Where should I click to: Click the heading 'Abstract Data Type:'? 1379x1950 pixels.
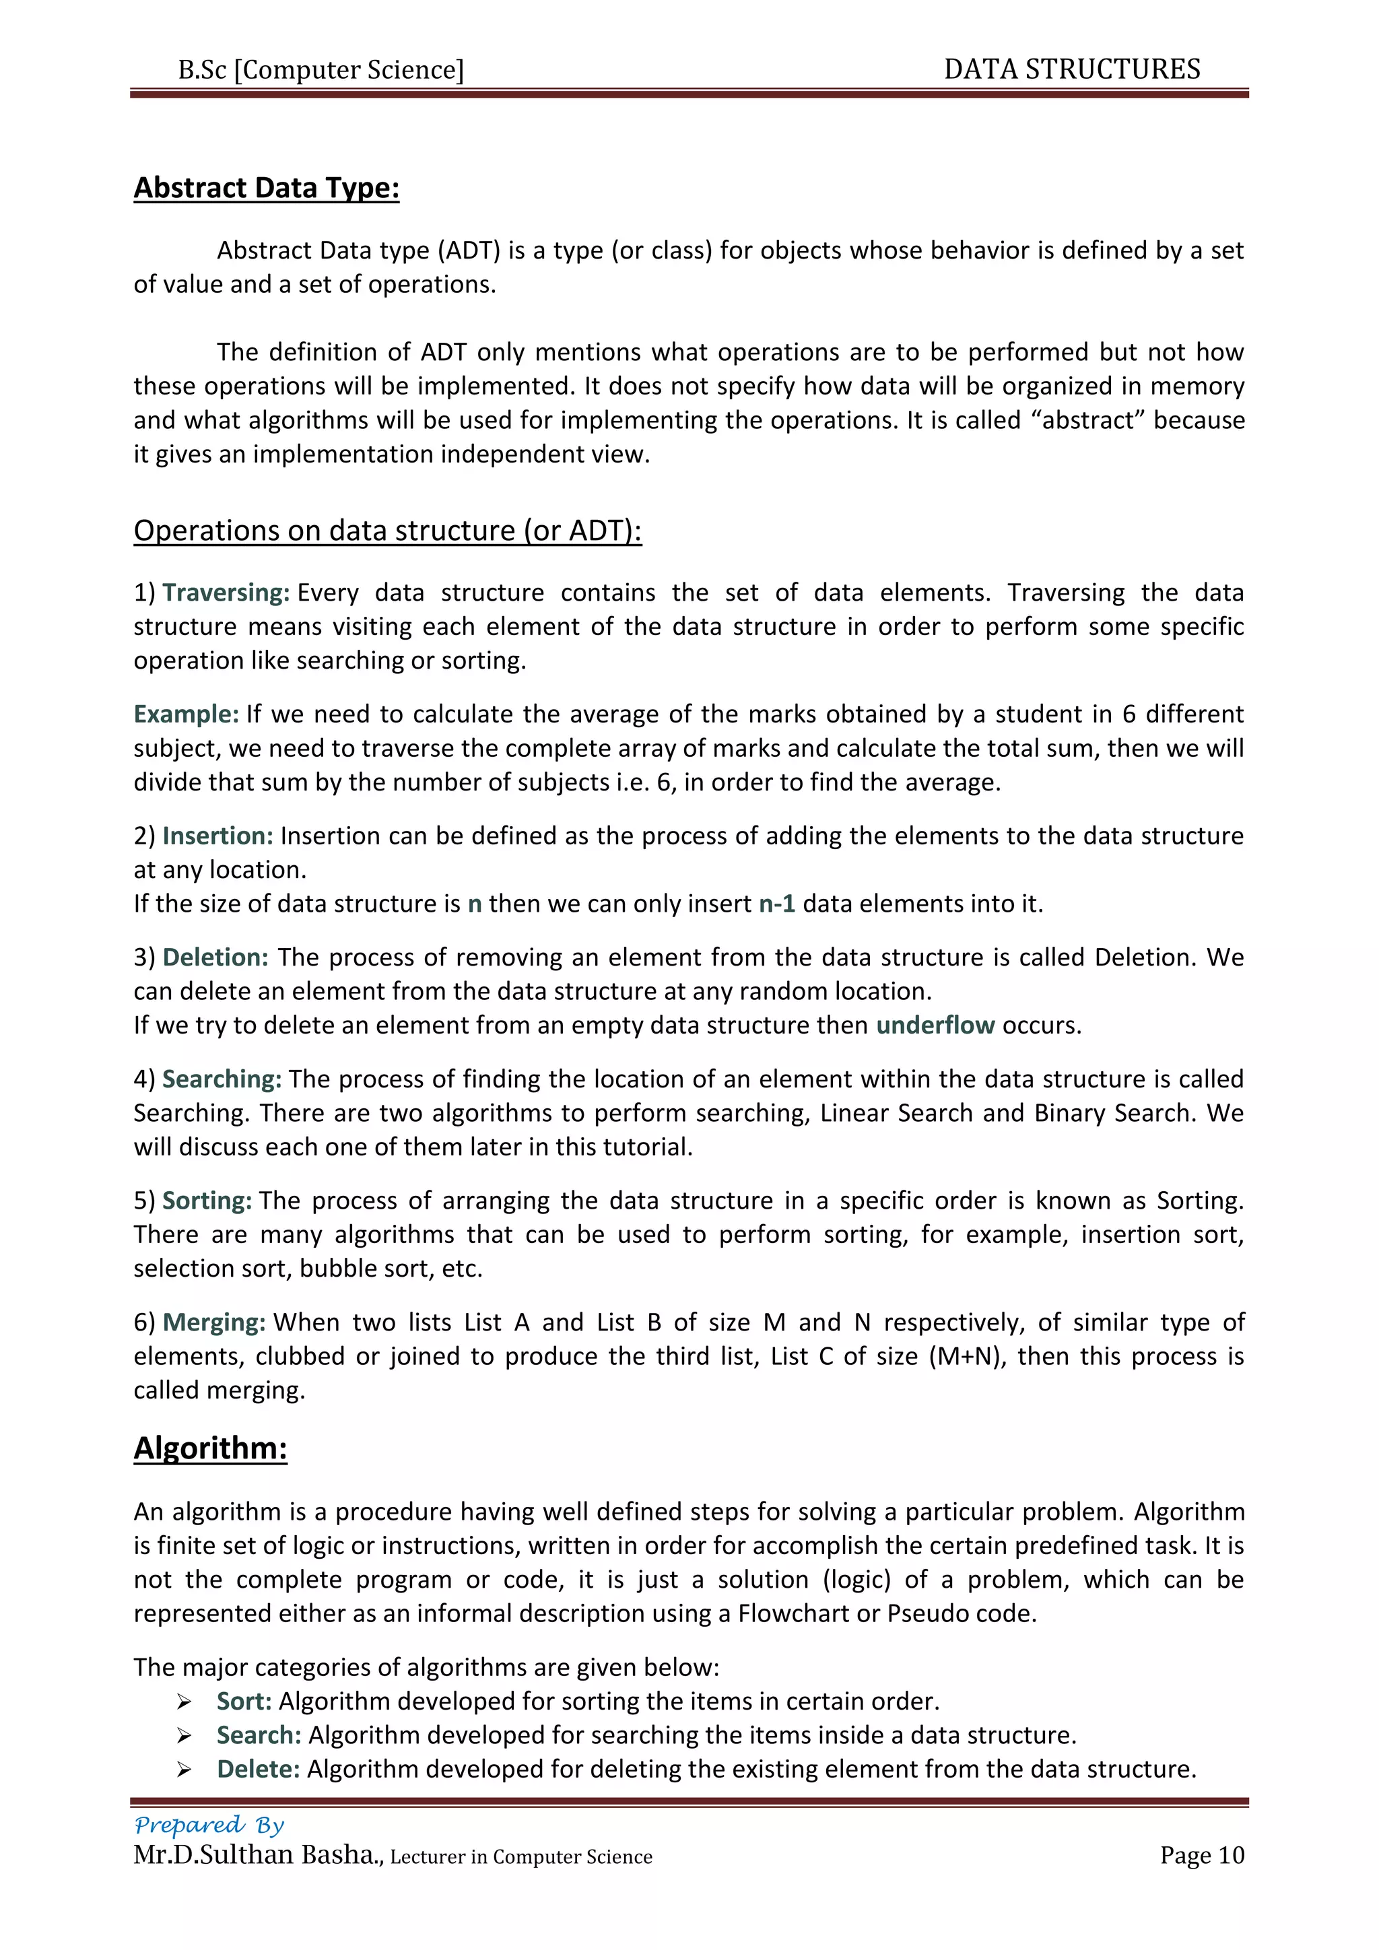tap(266, 188)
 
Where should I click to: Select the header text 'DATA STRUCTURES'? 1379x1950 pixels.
tap(1071, 69)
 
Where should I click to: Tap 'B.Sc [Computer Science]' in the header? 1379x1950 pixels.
tap(321, 69)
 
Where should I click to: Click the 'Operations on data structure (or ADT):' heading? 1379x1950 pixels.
tap(387, 530)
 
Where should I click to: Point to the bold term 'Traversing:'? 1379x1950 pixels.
tap(226, 592)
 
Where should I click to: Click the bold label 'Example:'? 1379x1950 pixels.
tap(186, 714)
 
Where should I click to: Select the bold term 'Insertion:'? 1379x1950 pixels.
tap(217, 836)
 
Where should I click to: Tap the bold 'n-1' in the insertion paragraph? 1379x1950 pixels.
tap(776, 904)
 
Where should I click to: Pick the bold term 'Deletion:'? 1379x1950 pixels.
tap(215, 957)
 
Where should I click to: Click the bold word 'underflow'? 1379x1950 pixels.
tap(935, 1025)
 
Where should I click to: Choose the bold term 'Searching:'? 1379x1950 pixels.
tap(222, 1079)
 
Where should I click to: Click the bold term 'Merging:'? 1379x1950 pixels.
tap(214, 1322)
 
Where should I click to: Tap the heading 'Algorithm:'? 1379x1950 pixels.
tap(211, 1447)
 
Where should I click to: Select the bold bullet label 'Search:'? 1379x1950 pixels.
tap(259, 1735)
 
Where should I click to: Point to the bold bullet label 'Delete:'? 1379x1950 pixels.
tap(258, 1769)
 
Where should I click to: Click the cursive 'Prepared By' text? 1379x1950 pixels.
tap(209, 1824)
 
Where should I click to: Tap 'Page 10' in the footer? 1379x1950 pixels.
tap(1201, 1855)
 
